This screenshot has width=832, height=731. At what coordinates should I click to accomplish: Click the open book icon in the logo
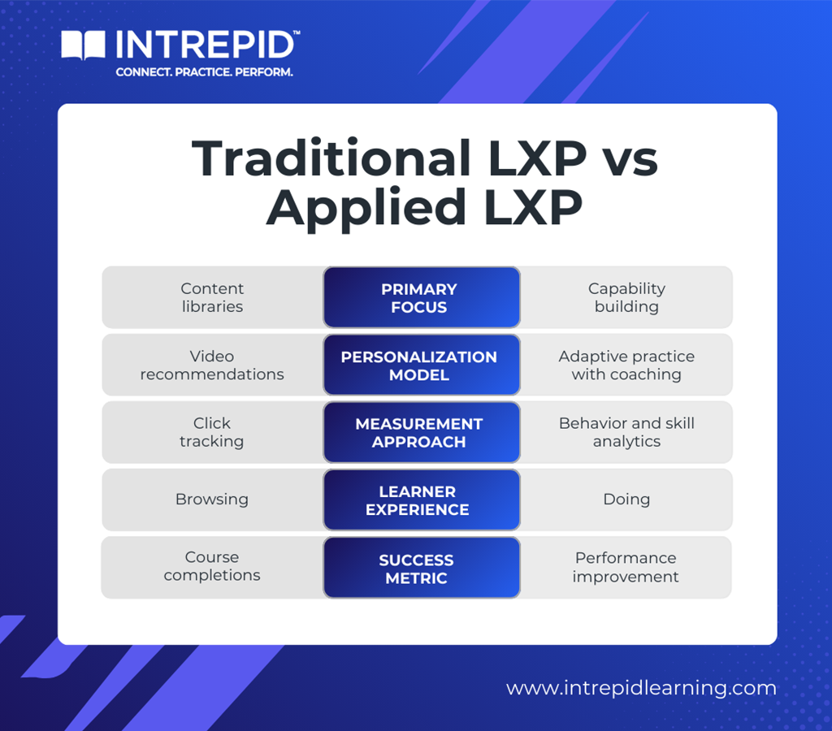[x=84, y=45]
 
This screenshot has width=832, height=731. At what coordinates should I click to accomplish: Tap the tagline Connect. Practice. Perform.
[x=204, y=72]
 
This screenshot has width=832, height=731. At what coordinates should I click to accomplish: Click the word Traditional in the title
[x=330, y=158]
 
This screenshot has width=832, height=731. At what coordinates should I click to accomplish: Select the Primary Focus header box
[x=421, y=298]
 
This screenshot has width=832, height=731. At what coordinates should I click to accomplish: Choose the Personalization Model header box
[x=421, y=365]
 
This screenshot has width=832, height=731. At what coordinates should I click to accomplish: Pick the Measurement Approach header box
[x=421, y=433]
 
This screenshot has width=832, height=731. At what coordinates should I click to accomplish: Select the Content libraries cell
[x=212, y=298]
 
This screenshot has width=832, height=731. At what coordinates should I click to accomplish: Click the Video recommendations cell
[x=212, y=365]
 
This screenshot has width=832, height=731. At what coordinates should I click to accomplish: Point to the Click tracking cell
[x=212, y=433]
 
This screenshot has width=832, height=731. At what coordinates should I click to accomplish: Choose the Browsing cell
[x=212, y=500]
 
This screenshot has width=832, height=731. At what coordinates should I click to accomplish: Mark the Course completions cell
[x=212, y=567]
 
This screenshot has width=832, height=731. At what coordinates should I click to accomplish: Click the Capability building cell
[x=626, y=298]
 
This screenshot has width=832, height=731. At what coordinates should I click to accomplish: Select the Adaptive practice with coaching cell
[x=626, y=365]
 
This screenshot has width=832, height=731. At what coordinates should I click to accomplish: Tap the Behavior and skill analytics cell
[x=626, y=433]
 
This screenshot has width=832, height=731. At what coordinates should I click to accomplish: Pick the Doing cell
[x=626, y=500]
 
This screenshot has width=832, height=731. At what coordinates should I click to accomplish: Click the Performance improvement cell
[x=626, y=567]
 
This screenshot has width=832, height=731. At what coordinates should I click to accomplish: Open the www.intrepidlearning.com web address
[x=641, y=689]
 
